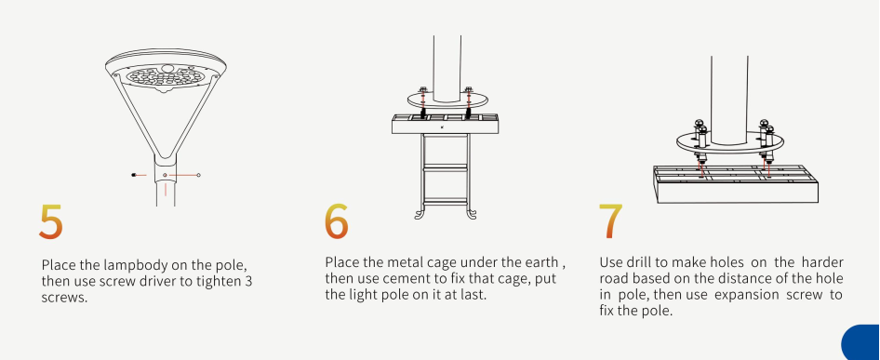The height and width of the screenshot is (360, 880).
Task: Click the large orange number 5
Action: (x=50, y=221)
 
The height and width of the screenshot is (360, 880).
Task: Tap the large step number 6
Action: (x=336, y=220)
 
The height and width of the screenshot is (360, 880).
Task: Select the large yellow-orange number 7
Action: (x=610, y=220)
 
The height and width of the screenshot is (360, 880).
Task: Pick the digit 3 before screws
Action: (x=248, y=281)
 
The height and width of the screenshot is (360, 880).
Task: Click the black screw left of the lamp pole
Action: (x=134, y=175)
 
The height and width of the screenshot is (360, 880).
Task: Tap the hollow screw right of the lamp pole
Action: (x=199, y=175)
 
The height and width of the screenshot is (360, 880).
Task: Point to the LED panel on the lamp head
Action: (x=165, y=76)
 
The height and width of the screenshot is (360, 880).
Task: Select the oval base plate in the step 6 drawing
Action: (x=447, y=101)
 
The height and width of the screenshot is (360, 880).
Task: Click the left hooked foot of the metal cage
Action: (x=420, y=213)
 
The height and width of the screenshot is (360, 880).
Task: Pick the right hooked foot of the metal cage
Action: (x=471, y=213)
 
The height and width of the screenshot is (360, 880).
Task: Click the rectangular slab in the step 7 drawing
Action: (x=736, y=184)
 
